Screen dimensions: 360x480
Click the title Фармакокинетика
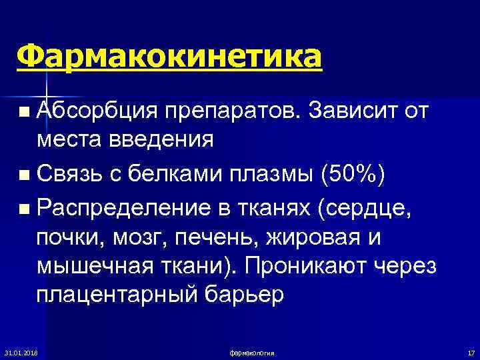(170, 56)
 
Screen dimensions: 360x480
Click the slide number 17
(470, 352)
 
